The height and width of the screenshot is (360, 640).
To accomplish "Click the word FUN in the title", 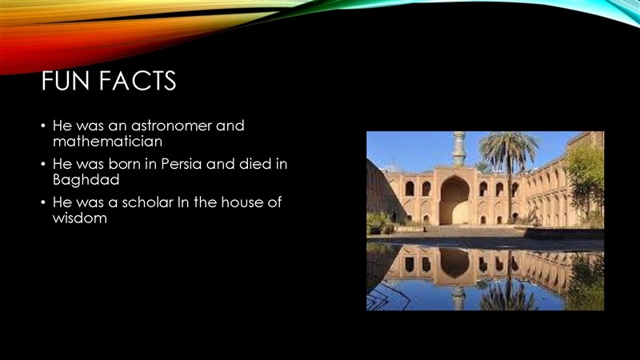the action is tap(66, 81).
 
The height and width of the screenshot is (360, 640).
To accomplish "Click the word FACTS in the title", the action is tap(138, 81).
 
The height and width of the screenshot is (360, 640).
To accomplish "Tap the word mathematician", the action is tap(107, 142).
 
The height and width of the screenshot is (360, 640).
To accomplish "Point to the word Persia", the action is tap(182, 164).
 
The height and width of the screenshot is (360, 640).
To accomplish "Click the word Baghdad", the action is tap(86, 180).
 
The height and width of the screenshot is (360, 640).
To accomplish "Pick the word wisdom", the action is tap(79, 218).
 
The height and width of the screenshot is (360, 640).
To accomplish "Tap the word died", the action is tap(255, 164).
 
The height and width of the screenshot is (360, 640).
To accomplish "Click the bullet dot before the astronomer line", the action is tap(43, 126).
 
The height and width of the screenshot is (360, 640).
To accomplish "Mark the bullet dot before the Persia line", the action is tap(43, 164).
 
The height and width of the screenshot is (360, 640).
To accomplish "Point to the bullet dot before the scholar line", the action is tap(43, 202).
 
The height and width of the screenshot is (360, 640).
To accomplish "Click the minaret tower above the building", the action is tap(459, 149).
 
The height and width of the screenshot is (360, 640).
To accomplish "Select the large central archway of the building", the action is tap(454, 201).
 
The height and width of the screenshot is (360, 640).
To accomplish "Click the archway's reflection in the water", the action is tap(454, 263).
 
